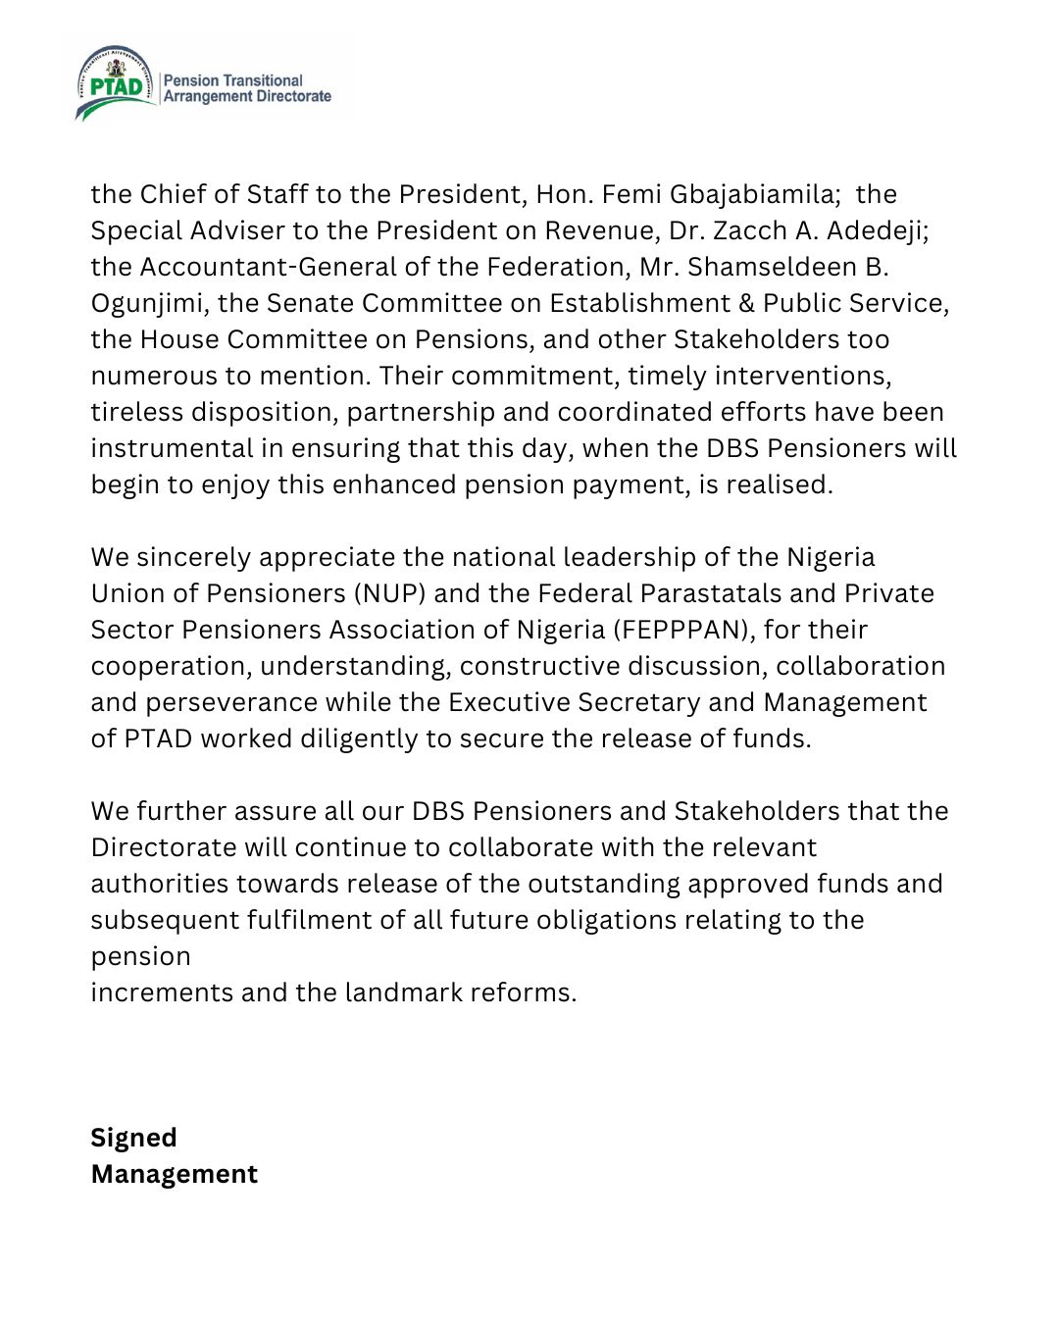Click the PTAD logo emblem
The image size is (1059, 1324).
click(116, 83)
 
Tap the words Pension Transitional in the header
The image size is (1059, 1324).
click(233, 80)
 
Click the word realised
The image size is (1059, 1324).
click(779, 484)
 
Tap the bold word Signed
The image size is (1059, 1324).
click(133, 1138)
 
